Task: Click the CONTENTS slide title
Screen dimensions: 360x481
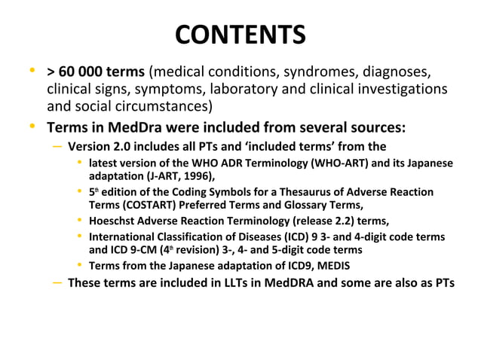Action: [240, 35]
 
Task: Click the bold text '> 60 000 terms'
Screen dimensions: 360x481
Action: [96, 73]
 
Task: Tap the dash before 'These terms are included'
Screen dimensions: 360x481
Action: [58, 283]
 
